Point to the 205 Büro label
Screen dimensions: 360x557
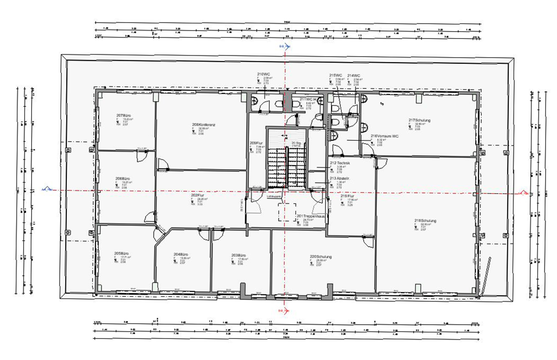click(121, 253)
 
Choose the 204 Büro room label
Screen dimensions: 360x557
click(180, 255)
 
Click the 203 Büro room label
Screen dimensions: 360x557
click(238, 255)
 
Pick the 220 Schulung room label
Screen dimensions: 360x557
click(320, 256)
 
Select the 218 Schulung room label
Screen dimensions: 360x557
click(425, 220)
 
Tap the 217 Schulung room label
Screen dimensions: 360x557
click(419, 120)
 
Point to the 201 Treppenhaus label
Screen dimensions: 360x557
click(310, 216)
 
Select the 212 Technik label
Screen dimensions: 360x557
click(339, 164)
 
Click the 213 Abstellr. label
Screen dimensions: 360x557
click(339, 178)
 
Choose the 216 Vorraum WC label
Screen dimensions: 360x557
click(385, 136)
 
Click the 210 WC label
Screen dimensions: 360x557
click(263, 74)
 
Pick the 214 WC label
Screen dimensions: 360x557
click(354, 75)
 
